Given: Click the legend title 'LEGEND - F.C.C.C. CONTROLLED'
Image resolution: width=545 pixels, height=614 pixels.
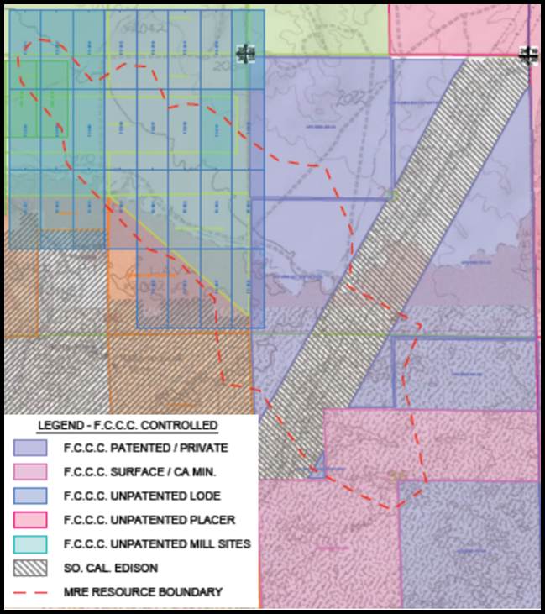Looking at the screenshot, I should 128,425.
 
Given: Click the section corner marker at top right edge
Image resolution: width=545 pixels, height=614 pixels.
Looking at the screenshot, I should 528,55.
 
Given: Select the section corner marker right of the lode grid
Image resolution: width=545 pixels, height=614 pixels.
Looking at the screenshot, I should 245,54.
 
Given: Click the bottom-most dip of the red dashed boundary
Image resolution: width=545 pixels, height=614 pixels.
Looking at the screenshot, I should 388,507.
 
